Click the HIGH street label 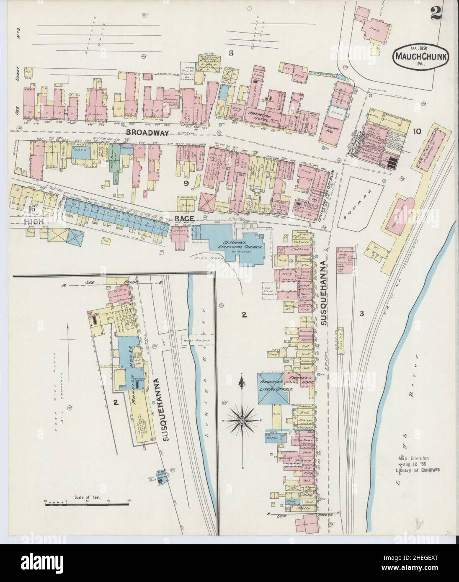[x=33, y=221]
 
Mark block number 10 [x=417, y=131]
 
